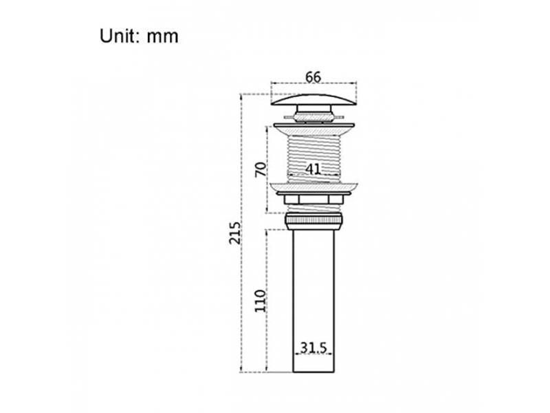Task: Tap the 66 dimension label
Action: (x=313, y=77)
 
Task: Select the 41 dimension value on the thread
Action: (x=313, y=169)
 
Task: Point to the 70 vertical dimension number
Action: (x=261, y=169)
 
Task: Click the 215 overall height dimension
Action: (x=234, y=233)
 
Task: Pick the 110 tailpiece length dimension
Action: (x=261, y=301)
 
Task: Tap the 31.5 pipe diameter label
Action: (x=313, y=348)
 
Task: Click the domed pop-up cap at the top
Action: (x=313, y=100)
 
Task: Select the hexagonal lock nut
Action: (x=313, y=200)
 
